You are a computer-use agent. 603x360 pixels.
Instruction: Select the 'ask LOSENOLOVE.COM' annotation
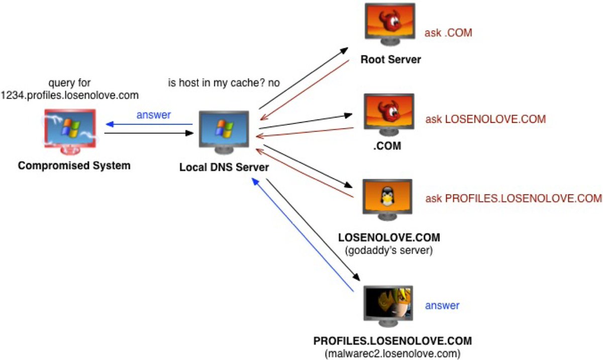[x=485, y=119]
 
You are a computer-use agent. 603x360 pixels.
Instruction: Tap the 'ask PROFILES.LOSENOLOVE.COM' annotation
[x=513, y=198]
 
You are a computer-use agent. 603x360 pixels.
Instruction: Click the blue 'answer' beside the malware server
[x=442, y=305]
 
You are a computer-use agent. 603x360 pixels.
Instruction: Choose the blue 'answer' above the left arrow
[x=154, y=114]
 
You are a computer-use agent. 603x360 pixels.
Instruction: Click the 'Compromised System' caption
[x=74, y=165]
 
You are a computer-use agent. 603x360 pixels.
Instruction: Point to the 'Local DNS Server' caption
[x=224, y=167]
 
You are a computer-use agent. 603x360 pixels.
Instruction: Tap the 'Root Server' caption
[x=390, y=60]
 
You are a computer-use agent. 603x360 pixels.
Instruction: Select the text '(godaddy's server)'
[x=390, y=250]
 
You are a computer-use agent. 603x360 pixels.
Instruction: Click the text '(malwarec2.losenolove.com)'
[x=392, y=353]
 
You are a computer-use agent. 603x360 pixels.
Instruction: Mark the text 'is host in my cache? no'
[x=224, y=82]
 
